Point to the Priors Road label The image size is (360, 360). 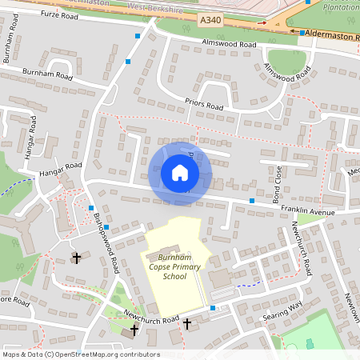tap(204, 104)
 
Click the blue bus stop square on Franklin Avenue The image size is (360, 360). tap(252, 200)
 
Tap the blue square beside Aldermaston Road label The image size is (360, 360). tap(303, 33)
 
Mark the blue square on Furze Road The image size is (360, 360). tap(138, 37)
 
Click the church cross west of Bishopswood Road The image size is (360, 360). tap(77, 258)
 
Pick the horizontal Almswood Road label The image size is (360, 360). tap(228, 43)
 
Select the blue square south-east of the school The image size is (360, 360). tap(212, 308)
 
